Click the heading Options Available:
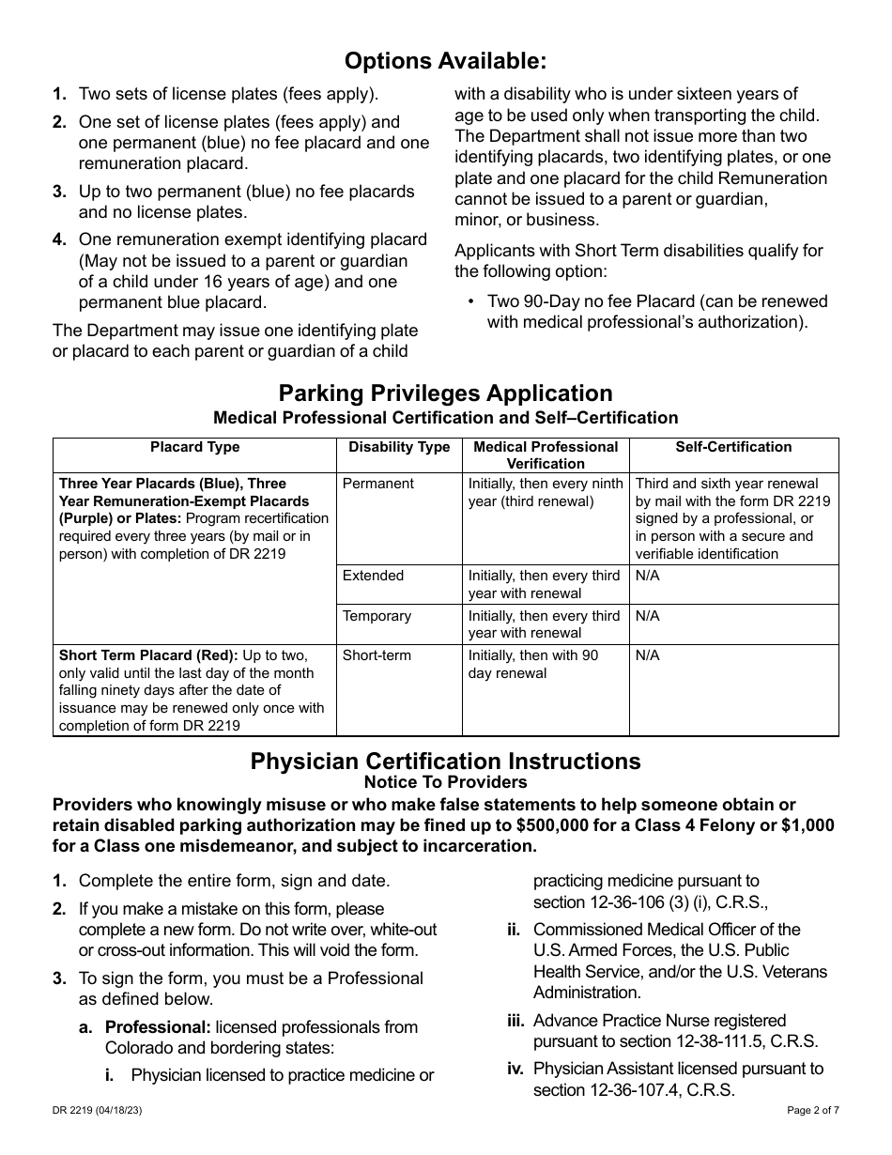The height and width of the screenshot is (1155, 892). click(x=445, y=61)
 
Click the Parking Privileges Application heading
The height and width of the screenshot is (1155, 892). click(x=445, y=393)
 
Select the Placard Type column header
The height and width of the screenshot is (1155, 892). click(x=194, y=447)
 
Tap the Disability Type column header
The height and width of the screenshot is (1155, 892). click(x=399, y=447)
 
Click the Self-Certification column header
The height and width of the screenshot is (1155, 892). click(x=733, y=447)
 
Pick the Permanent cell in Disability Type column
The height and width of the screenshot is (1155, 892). click(x=377, y=484)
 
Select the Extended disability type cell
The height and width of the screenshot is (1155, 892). click(x=373, y=576)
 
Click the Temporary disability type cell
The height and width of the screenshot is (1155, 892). click(x=377, y=616)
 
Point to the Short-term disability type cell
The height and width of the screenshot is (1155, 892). click(x=377, y=655)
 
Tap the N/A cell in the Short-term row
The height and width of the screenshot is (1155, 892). click(x=647, y=655)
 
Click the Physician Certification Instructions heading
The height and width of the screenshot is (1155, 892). click(x=445, y=761)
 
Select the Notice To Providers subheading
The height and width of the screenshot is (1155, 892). click(x=445, y=782)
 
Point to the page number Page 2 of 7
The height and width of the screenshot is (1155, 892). click(x=813, y=1110)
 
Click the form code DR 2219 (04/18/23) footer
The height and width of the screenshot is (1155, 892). click(x=98, y=1110)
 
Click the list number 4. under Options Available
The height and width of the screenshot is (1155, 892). click(x=59, y=240)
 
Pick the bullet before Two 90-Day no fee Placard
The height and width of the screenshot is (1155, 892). click(x=470, y=302)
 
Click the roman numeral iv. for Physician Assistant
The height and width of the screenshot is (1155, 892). click(x=515, y=1069)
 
